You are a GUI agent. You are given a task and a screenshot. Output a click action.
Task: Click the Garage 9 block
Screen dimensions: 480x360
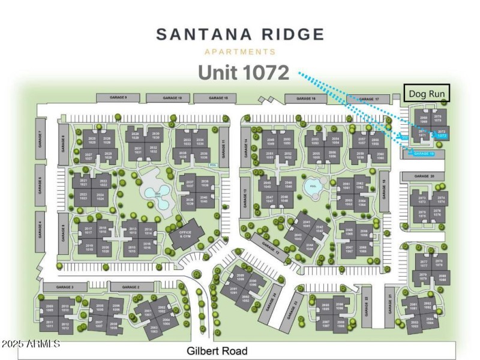click(x=118, y=97)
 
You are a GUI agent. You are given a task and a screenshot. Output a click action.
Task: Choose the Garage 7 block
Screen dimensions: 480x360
click(x=40, y=139)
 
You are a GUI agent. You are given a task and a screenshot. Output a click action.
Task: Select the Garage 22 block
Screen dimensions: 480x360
click(x=365, y=307)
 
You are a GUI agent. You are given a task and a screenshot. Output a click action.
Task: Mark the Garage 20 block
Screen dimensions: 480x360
click(x=424, y=176)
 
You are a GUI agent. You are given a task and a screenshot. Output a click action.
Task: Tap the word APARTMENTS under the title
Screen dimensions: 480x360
click(x=240, y=52)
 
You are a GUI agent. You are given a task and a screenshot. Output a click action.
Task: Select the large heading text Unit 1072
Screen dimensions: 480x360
click(x=244, y=73)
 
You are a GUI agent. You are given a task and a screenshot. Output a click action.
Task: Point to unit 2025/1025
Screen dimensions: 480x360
click(x=92, y=140)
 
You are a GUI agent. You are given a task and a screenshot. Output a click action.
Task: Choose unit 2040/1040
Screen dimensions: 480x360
click(x=204, y=200)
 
